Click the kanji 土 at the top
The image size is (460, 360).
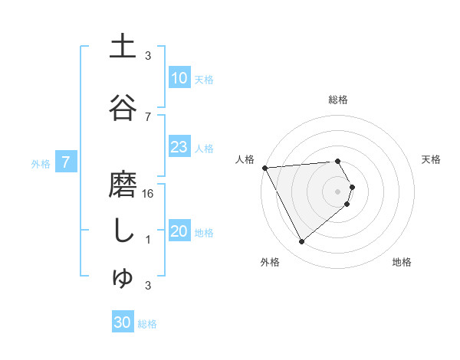tap(123, 47)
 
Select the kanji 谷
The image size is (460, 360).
tap(123, 107)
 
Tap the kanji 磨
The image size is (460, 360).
tap(123, 185)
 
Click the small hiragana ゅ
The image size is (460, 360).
tap(123, 278)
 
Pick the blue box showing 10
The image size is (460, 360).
tap(179, 78)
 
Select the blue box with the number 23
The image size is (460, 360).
tap(179, 148)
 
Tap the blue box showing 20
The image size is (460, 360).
tap(179, 232)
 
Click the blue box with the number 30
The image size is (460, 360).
tap(123, 322)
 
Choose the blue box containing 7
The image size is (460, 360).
tap(67, 162)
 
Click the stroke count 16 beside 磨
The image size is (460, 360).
tap(149, 194)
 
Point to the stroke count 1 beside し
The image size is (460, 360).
tap(148, 240)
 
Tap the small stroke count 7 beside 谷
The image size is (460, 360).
tap(148, 116)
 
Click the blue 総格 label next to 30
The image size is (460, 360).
tap(147, 324)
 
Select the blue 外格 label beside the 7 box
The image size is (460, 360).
tap(41, 163)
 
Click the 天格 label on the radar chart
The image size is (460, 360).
tap(432, 159)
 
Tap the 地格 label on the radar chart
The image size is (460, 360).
tap(402, 263)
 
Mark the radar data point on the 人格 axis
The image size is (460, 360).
tap(264, 168)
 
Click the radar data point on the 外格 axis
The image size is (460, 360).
tap(301, 242)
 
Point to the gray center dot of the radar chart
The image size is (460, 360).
tap(338, 190)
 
